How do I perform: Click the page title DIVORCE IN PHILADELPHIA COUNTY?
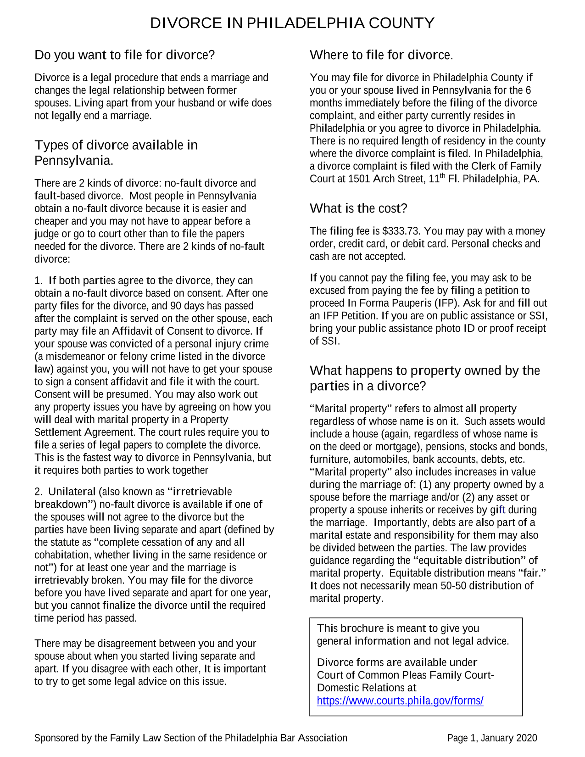click(x=292, y=23)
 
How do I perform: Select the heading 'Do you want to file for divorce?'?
click(x=124, y=55)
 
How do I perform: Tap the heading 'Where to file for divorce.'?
click(x=381, y=55)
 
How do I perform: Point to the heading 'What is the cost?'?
click(x=358, y=208)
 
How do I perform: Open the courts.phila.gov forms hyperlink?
click(x=400, y=701)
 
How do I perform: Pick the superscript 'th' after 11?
click(x=443, y=176)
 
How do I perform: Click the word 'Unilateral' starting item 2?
click(x=72, y=492)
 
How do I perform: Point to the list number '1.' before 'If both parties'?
click(x=39, y=280)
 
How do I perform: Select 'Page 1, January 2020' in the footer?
click(x=492, y=738)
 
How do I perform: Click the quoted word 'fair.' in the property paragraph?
click(x=532, y=573)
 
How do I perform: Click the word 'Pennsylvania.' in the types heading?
click(x=74, y=161)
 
